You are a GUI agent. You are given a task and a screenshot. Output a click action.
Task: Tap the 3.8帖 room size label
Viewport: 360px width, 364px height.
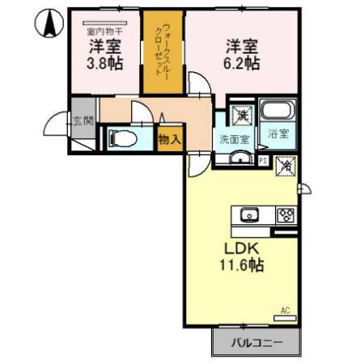[105, 62]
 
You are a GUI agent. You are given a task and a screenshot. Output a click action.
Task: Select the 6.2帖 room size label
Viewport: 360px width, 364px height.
[242, 62]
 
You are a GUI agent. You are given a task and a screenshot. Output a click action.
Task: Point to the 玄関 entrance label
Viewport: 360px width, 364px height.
[83, 121]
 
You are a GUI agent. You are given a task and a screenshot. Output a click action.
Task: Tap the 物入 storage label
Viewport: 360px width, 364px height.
[170, 139]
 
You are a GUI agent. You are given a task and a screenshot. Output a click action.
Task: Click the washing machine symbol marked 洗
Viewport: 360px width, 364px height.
[242, 115]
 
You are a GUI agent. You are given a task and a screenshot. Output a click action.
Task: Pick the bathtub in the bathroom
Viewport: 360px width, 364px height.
[282, 112]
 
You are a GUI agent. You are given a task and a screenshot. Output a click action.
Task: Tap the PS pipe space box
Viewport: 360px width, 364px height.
[263, 159]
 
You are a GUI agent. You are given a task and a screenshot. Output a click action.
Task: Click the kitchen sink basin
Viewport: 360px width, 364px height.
[247, 214]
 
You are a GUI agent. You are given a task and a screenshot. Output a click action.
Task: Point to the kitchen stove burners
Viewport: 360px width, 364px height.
[286, 215]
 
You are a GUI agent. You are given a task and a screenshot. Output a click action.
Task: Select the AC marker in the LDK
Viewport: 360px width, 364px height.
[286, 310]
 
